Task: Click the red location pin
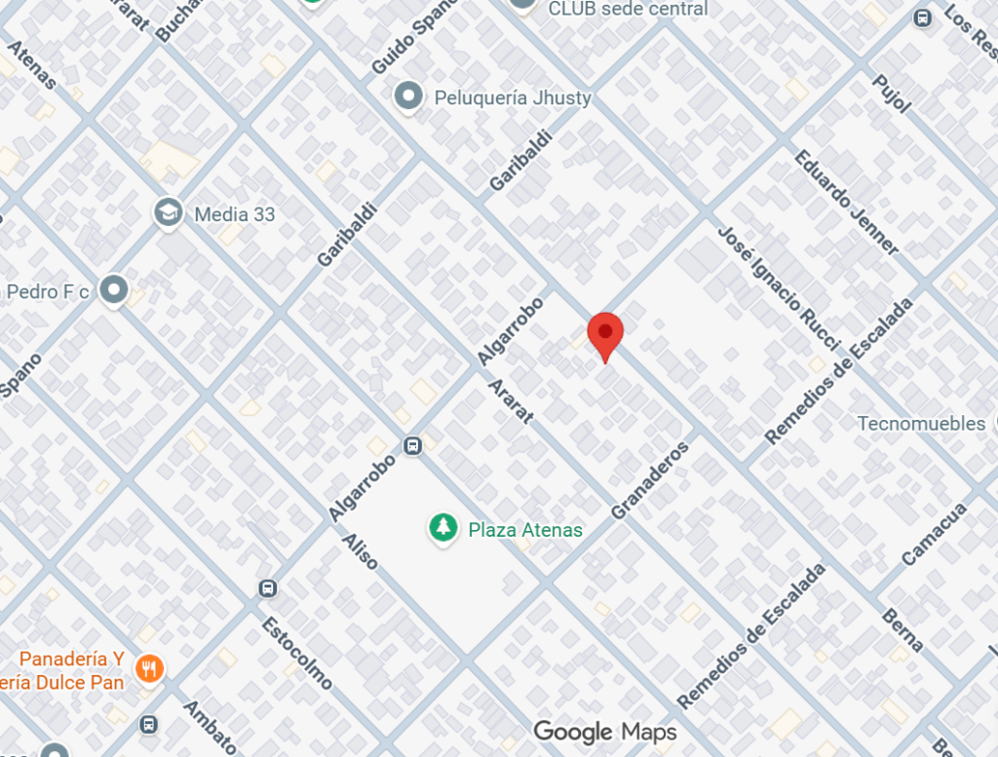[605, 334]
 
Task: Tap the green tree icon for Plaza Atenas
[443, 528]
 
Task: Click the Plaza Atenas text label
[525, 530]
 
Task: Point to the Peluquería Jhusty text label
[513, 97]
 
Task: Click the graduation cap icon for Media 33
[169, 212]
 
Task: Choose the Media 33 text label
[235, 214]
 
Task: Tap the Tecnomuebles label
[921, 423]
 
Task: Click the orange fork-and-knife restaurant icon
[149, 669]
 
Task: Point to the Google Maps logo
[604, 731]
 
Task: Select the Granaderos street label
[650, 479]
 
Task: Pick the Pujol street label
[891, 94]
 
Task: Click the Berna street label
[902, 629]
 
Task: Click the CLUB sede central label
[629, 9]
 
